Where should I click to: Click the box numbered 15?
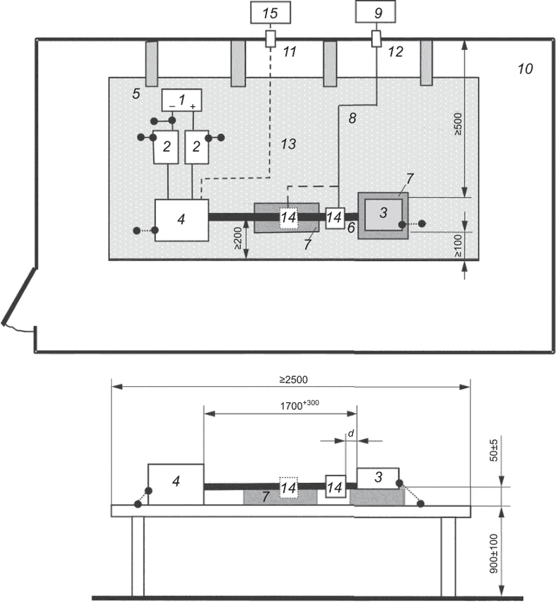click(270, 13)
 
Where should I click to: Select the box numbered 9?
click(375, 12)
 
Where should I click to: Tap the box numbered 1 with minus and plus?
click(181, 100)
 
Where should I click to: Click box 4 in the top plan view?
click(181, 220)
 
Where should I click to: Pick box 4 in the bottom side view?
click(176, 485)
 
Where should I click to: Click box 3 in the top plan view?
click(383, 214)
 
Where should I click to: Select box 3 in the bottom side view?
click(378, 478)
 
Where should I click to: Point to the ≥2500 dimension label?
click(294, 380)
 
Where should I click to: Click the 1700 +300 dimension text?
click(299, 405)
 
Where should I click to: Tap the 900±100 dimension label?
click(494, 553)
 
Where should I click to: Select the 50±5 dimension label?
click(494, 450)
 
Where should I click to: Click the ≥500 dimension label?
click(458, 124)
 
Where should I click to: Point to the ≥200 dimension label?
click(238, 238)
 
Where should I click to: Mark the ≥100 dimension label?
click(458, 245)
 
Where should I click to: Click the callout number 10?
click(525, 69)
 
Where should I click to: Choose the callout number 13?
click(288, 144)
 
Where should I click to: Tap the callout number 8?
click(352, 118)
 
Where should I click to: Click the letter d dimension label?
click(351, 434)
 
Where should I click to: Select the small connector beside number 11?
click(271, 39)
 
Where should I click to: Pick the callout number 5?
click(136, 94)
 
